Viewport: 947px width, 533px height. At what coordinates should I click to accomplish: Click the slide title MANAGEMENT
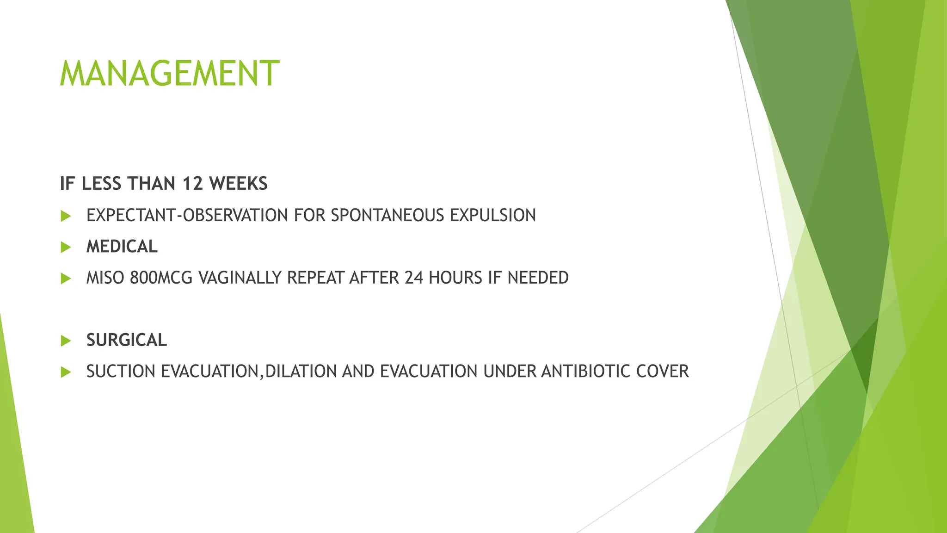[169, 74]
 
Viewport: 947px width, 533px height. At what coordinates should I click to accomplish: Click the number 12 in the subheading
[192, 184]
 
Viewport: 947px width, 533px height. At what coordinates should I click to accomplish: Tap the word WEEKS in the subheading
[238, 184]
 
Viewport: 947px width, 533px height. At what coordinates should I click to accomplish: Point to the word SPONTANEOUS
[387, 216]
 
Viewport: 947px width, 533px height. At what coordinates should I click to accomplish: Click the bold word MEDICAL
[122, 247]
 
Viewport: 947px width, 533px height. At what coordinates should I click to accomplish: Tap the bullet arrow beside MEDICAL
[66, 247]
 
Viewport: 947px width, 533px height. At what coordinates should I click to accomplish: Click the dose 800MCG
[161, 278]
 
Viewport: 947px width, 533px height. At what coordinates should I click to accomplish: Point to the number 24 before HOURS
[414, 278]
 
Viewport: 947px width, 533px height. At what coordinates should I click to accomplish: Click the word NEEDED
[538, 278]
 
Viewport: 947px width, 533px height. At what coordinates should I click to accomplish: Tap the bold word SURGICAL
[126, 340]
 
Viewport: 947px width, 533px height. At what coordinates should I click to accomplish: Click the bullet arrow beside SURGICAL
[66, 341]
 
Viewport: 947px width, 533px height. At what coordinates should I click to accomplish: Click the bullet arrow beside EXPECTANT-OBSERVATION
[66, 216]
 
